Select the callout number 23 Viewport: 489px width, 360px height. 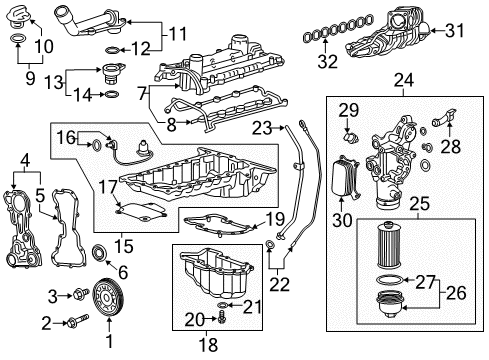262,127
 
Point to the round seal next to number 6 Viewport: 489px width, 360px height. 100,250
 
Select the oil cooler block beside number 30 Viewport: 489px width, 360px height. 342,177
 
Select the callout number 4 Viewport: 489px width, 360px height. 25,157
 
